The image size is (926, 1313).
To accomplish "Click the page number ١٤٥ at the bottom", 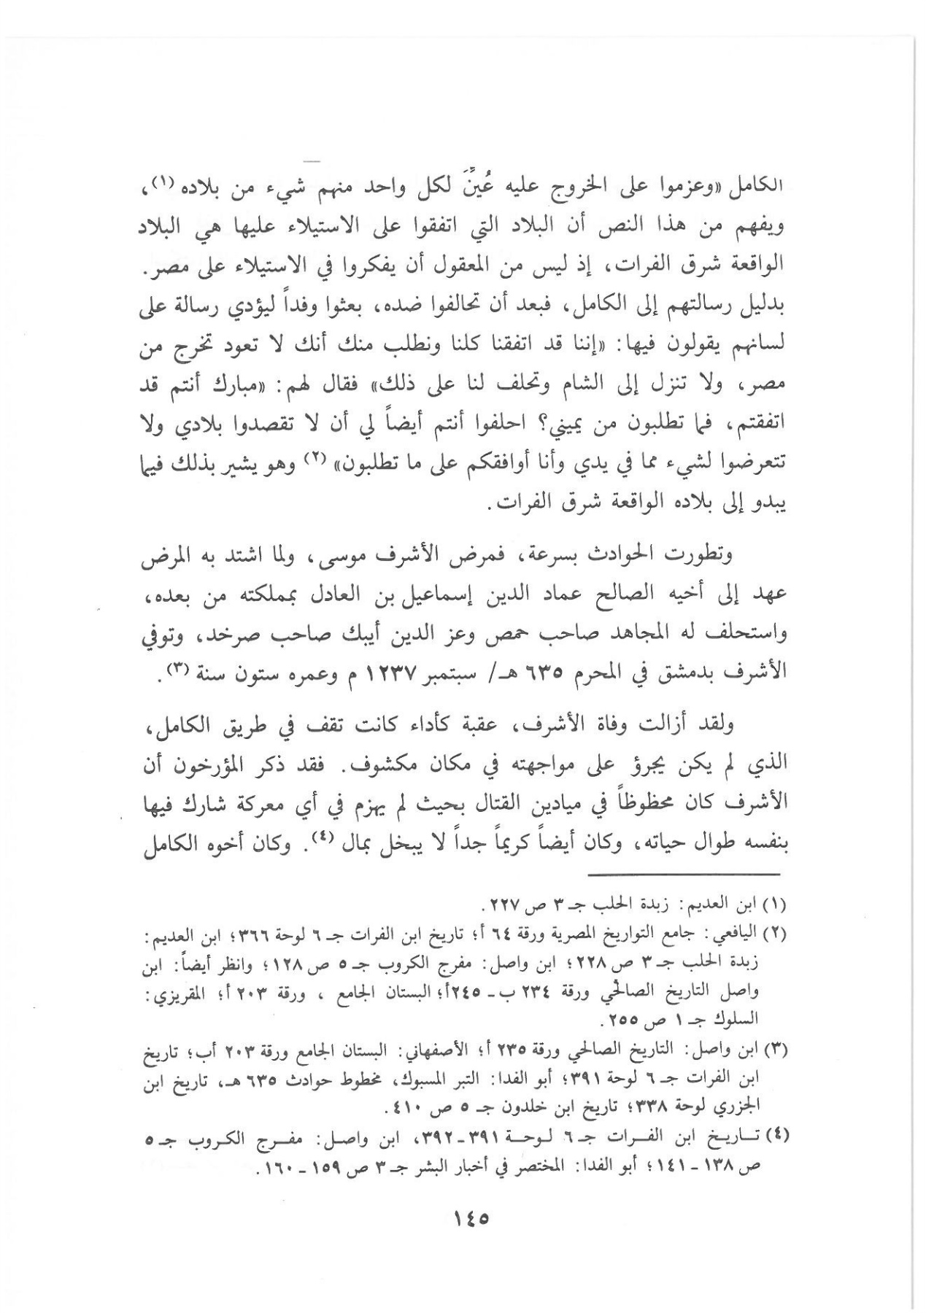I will pos(463,1217).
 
